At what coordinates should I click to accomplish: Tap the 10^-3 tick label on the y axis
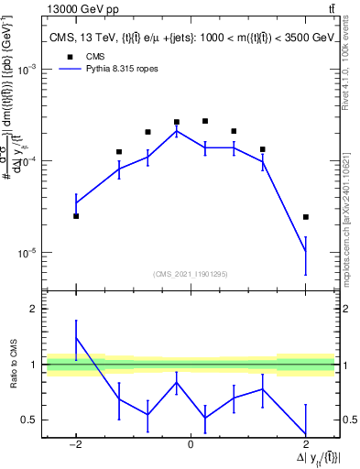[x=27, y=70]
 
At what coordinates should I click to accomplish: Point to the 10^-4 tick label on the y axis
[x=27, y=161]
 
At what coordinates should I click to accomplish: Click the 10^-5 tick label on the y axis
[x=27, y=253]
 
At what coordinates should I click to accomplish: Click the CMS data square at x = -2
[x=76, y=216]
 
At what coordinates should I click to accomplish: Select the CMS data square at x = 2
[x=305, y=217]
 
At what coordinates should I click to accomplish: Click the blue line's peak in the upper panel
[x=177, y=130]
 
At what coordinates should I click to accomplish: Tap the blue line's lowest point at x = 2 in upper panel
[x=305, y=251]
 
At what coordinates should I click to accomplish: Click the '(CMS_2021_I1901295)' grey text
[x=191, y=274]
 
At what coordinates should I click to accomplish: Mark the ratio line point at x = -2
[x=76, y=338]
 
